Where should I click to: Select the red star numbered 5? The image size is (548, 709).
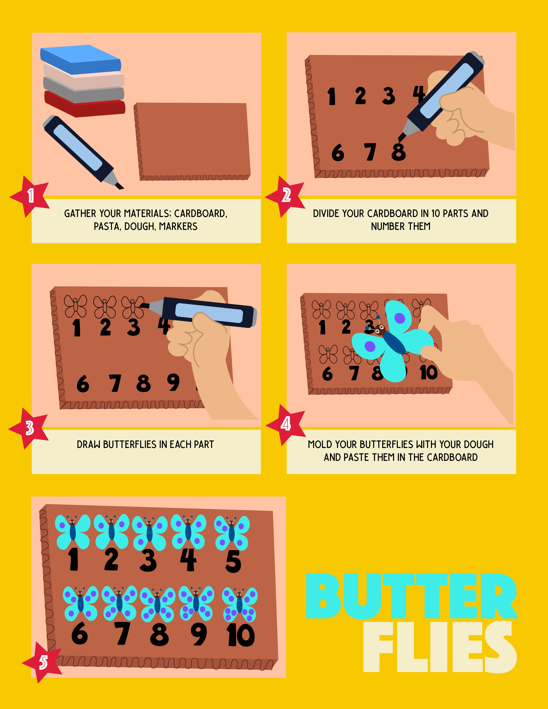tap(43, 662)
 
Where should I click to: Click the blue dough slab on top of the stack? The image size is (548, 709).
tap(81, 60)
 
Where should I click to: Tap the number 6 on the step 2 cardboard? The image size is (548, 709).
tap(338, 153)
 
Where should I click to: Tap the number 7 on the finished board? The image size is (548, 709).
tap(122, 633)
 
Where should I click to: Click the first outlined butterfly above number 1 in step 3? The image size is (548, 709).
tap(76, 306)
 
